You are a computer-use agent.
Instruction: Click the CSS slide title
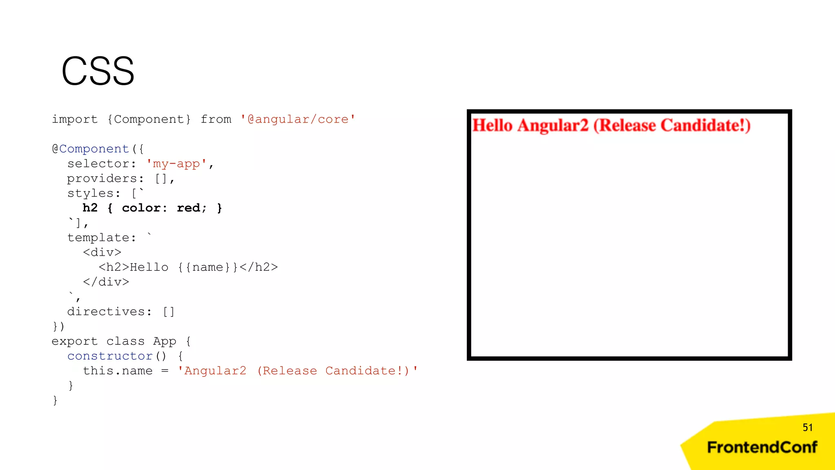pyautogui.click(x=98, y=71)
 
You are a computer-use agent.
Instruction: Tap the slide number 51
pyautogui.click(x=807, y=428)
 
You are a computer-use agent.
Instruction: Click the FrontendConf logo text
pyautogui.click(x=762, y=448)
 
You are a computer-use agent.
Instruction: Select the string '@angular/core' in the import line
pyautogui.click(x=298, y=120)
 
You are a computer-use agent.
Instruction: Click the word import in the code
pyautogui.click(x=75, y=120)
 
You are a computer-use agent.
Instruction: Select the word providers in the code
pyautogui.click(x=102, y=179)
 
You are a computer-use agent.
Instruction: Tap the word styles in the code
pyautogui.click(x=90, y=193)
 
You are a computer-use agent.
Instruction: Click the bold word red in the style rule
pyautogui.click(x=188, y=208)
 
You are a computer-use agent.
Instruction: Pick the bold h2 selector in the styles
pyautogui.click(x=90, y=208)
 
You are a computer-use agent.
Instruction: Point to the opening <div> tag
pyautogui.click(x=102, y=253)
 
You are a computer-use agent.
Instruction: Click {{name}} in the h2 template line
pyautogui.click(x=208, y=267)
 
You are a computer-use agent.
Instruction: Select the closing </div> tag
pyautogui.click(x=106, y=282)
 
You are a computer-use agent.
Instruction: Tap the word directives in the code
pyautogui.click(x=106, y=312)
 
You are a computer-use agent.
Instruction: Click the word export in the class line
pyautogui.click(x=75, y=341)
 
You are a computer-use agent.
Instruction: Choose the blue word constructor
pyautogui.click(x=110, y=356)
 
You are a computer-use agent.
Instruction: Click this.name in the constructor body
pyautogui.click(x=117, y=371)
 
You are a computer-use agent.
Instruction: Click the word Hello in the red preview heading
pyautogui.click(x=492, y=125)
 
